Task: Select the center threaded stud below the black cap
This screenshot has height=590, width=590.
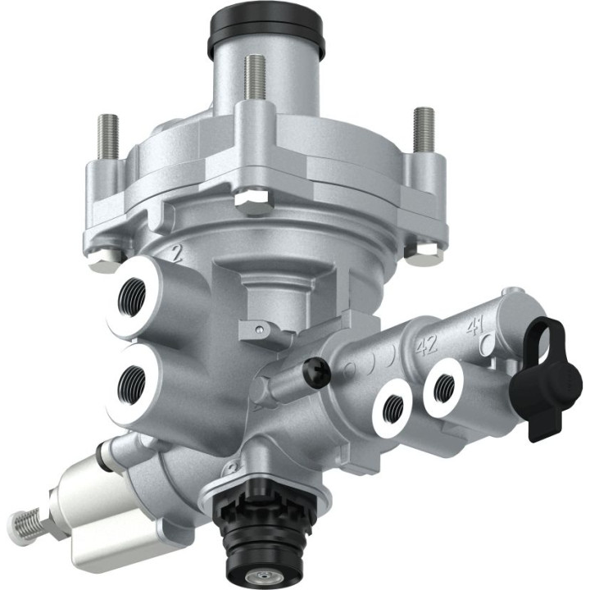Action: point(255,80)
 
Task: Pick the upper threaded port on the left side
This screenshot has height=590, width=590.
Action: point(134,293)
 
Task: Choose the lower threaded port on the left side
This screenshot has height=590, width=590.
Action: point(132,382)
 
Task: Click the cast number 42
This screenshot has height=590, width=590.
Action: point(426,345)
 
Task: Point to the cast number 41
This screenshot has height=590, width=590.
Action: point(474,329)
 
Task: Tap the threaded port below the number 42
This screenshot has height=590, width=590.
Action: point(397,403)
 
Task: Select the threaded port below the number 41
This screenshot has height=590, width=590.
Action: point(445,386)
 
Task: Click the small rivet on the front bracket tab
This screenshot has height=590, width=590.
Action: point(261,330)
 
